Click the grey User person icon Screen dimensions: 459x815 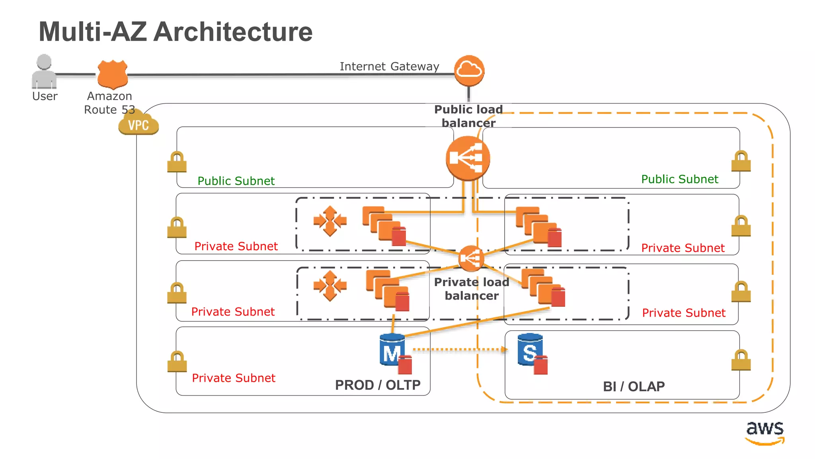point(44,72)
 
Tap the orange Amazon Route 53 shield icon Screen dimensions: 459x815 point(113,74)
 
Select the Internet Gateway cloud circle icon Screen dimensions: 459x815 point(469,71)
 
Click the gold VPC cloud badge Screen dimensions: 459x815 point(138,124)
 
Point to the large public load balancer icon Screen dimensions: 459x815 point(468,158)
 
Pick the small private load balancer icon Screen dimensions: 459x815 point(471,259)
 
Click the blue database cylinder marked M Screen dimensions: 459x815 point(392,350)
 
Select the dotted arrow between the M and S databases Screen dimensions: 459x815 point(460,349)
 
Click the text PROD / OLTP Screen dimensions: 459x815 point(378,385)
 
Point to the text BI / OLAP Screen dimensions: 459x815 point(634,386)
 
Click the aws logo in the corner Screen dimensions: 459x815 point(764,432)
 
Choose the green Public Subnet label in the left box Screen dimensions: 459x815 point(236,181)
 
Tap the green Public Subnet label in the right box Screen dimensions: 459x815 point(680,179)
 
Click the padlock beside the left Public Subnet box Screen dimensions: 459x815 point(177,162)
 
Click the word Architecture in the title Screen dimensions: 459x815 point(233,32)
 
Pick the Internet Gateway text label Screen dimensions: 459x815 point(389,66)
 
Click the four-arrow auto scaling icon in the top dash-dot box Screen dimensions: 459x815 point(330,221)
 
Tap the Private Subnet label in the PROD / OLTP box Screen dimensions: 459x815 point(234,378)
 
